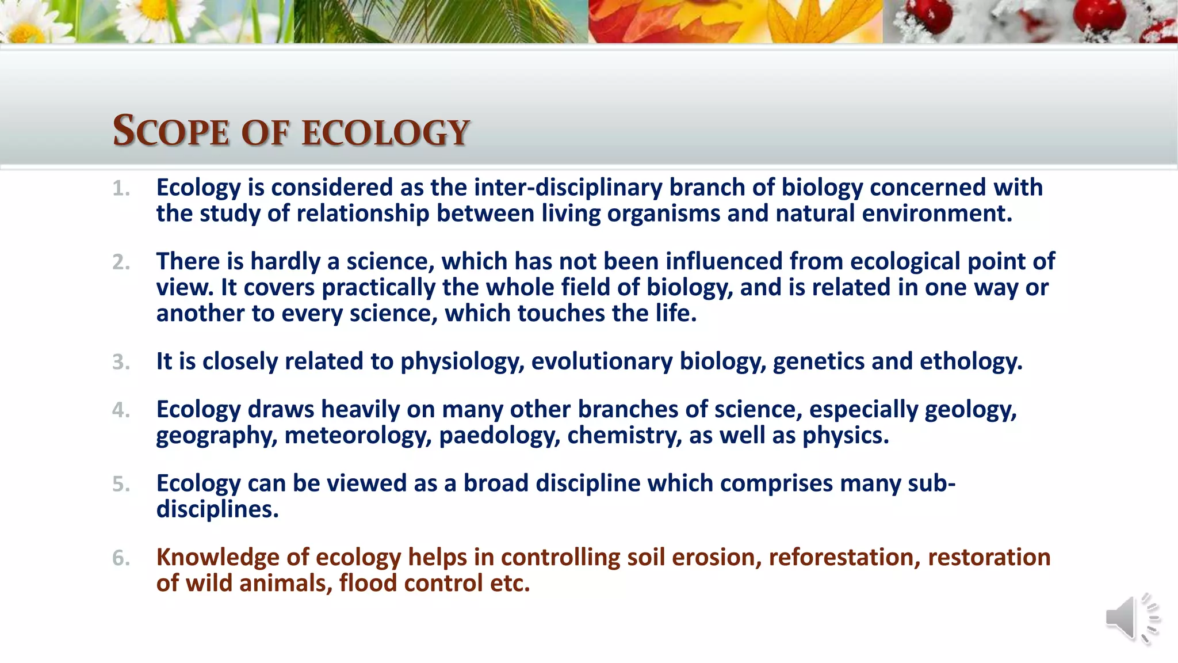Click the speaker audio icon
pyautogui.click(x=1131, y=619)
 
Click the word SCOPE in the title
pyautogui.click(x=171, y=132)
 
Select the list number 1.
pyautogui.click(x=121, y=189)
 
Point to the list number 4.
pyautogui.click(x=121, y=410)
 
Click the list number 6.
pyautogui.click(x=121, y=558)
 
